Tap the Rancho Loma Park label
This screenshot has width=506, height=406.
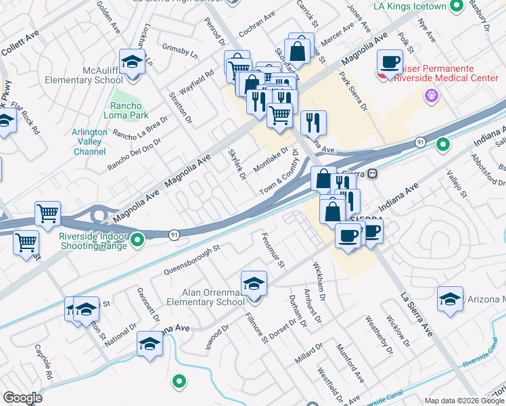click(128, 111)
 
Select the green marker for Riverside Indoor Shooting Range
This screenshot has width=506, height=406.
click(138, 239)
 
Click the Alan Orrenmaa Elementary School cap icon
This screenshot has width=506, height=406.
click(254, 283)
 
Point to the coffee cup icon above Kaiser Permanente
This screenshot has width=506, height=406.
click(389, 62)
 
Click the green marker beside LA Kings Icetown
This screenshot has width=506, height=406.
click(457, 7)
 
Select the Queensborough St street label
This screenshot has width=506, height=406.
click(192, 260)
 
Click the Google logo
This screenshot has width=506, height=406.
click(22, 398)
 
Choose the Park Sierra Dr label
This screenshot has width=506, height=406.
click(354, 95)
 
